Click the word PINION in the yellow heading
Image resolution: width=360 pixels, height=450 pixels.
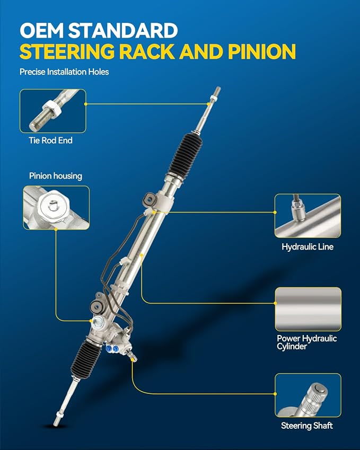tap(262, 51)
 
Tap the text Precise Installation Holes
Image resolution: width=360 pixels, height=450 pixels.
tap(64, 72)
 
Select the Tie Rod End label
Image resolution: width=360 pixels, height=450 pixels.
tap(50, 140)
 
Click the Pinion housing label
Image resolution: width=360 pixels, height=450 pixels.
tap(56, 176)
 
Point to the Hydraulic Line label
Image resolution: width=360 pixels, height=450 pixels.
tap(308, 247)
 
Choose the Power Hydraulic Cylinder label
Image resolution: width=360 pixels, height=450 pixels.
tap(306, 342)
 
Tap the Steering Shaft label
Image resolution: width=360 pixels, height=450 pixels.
tap(307, 426)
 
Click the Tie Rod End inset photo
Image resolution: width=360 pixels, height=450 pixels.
tap(53, 111)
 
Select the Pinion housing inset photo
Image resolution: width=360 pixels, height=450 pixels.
tap(56, 207)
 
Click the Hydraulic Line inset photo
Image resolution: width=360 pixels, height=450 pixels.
tap(308, 216)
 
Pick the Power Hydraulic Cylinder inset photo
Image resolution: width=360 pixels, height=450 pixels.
tap(309, 309)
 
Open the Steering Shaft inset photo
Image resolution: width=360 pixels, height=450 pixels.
tap(308, 395)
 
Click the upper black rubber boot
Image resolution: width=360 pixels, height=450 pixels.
tap(185, 155)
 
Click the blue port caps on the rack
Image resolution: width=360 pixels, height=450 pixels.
tap(112, 348)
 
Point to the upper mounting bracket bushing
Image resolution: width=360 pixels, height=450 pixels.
tap(150, 198)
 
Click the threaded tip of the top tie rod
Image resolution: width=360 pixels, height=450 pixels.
tap(217, 91)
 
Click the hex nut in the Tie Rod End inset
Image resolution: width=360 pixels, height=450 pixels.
tap(51, 108)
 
